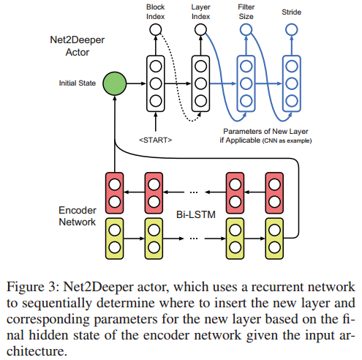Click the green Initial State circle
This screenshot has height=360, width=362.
(115, 83)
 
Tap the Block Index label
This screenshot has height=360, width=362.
(154, 12)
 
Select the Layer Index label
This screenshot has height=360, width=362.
(200, 12)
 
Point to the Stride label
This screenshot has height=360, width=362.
(291, 12)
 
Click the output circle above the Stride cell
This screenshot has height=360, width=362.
(291, 30)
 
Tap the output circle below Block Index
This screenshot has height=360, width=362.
(155, 30)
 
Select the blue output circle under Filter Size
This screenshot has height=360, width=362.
(246, 30)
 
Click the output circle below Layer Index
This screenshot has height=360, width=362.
(200, 30)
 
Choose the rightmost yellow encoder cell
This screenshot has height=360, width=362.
(275, 238)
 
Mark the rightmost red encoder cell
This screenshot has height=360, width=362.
(275, 192)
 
